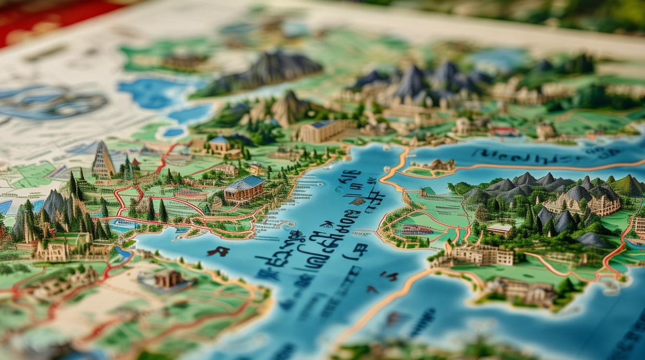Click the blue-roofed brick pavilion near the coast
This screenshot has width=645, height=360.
(x=244, y=188)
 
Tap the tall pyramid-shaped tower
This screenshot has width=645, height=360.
(x=103, y=161)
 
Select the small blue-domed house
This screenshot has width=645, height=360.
(x=219, y=144)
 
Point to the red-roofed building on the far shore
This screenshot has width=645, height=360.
(x=504, y=131)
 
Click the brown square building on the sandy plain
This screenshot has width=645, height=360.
(x=168, y=278)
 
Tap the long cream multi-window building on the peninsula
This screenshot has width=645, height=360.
(x=482, y=255)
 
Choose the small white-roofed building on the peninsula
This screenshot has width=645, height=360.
(x=500, y=229)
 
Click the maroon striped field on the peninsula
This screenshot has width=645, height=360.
(x=417, y=229)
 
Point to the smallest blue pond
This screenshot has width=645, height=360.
(x=173, y=132)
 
